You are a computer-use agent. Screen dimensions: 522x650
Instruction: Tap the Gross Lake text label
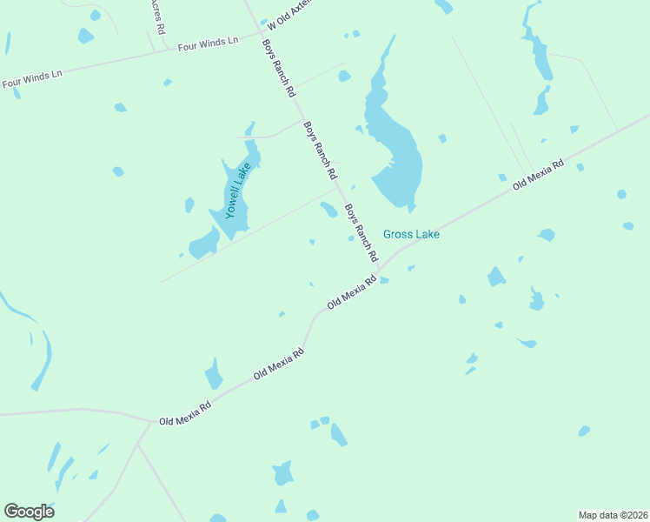tap(411, 234)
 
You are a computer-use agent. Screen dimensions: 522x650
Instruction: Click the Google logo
tap(29, 512)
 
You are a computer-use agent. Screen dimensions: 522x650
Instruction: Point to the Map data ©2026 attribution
tap(613, 514)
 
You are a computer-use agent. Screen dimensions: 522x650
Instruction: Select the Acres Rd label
tap(156, 17)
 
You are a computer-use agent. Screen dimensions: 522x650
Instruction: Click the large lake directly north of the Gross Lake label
tap(395, 139)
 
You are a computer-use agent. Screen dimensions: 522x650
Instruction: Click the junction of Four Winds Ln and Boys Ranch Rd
tap(260, 34)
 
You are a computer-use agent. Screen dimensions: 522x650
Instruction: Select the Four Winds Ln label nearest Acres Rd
tap(207, 43)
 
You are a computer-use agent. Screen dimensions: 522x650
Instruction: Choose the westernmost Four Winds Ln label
tap(32, 79)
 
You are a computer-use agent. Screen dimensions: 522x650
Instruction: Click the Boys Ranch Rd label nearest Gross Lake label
tap(361, 233)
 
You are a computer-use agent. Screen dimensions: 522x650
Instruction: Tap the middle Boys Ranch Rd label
tap(321, 150)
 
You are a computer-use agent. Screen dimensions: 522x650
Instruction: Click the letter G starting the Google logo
tap(11, 512)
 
